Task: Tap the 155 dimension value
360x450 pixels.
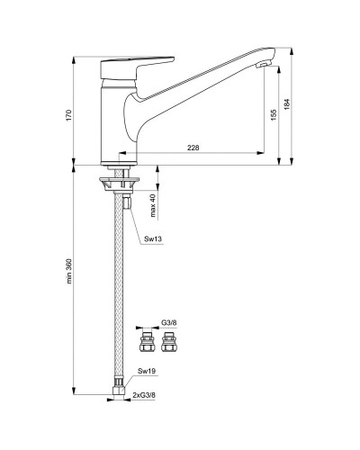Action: [x=272, y=115]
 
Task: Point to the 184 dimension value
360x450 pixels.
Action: [x=289, y=104]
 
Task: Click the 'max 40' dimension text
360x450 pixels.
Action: [x=153, y=205]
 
